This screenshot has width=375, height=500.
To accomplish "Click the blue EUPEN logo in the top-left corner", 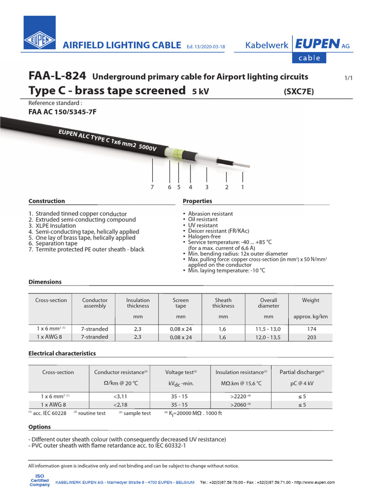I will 40,33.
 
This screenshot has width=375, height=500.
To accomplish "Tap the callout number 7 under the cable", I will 152,187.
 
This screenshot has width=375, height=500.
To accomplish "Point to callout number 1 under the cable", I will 242,187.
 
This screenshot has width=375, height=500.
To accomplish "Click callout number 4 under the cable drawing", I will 190,187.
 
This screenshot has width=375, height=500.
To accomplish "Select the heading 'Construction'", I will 46,201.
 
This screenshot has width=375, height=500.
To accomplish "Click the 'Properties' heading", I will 197,201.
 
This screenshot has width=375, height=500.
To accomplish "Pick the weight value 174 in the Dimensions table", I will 311,329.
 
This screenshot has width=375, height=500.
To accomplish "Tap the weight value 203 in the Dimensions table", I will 311,337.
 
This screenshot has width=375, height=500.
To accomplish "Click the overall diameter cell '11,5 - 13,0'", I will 269,329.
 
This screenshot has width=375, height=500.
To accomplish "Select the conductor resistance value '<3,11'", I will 120,396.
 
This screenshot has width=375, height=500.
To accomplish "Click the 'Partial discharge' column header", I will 301,372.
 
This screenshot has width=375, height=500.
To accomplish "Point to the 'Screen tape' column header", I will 181,303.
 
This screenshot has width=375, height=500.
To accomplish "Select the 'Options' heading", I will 40,427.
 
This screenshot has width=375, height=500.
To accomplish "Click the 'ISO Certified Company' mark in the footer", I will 40,480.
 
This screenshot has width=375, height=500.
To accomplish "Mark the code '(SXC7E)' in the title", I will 298,91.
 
